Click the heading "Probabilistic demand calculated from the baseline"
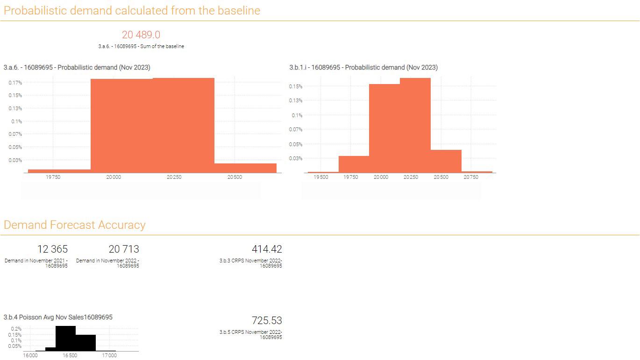[x=132, y=10]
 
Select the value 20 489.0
[x=141, y=35]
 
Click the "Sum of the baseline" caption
[x=141, y=46]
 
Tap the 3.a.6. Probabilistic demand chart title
[x=77, y=67]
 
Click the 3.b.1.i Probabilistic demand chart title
[x=363, y=67]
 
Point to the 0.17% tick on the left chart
[x=15, y=83]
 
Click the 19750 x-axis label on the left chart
[x=53, y=177]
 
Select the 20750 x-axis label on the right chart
[x=470, y=177]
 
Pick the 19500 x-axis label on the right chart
[x=320, y=177]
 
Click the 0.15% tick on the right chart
[x=296, y=86]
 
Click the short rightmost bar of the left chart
[x=245, y=168]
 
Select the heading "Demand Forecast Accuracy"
[x=74, y=225]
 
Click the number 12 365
[x=52, y=249]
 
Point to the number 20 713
[x=124, y=249]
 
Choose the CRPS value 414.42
[x=267, y=249]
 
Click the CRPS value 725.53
[x=267, y=321]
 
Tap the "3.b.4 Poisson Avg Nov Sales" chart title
[x=58, y=317]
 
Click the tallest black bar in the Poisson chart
[x=65, y=338]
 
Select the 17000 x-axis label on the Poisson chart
[x=109, y=355]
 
